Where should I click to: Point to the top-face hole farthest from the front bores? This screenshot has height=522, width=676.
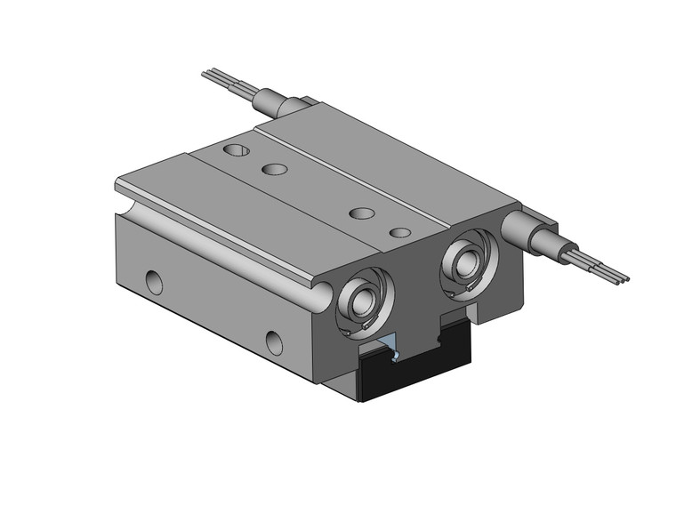click(236, 149)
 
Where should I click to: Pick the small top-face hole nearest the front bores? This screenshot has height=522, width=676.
click(401, 233)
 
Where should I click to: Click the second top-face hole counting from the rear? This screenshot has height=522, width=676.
click(273, 169)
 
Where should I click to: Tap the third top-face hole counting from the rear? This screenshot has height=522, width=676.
click(361, 213)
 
